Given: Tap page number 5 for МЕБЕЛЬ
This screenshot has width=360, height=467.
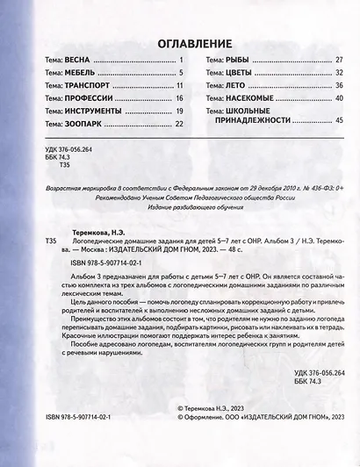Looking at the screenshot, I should [178, 74].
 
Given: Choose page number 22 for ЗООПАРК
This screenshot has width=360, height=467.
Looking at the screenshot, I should [177, 126].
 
